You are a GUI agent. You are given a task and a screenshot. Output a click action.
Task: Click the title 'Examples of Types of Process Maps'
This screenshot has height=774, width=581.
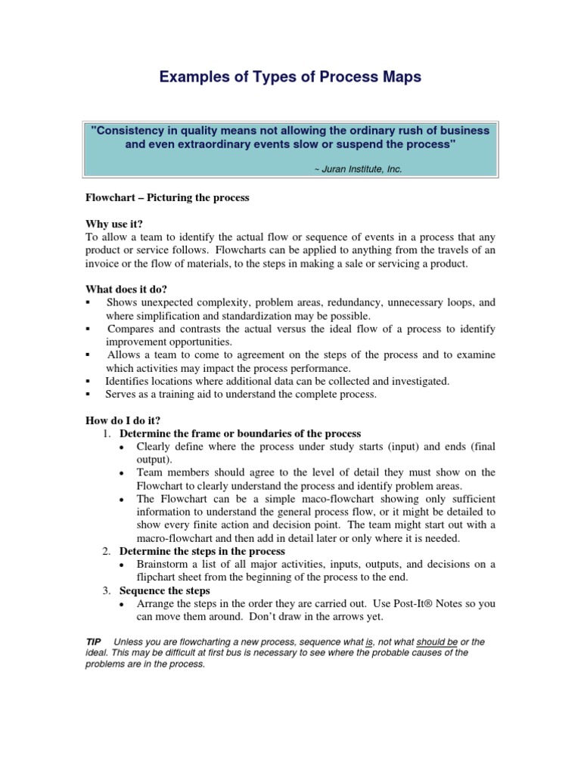(290, 78)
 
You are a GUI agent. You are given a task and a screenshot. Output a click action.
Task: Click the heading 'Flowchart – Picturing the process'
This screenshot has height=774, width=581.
(166, 197)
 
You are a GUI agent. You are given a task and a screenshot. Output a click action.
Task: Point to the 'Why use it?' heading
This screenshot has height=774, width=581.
(114, 224)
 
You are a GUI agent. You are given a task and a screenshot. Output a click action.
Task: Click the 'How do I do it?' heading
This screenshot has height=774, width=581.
(123, 420)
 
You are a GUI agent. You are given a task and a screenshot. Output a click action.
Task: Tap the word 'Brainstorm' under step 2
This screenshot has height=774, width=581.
(164, 564)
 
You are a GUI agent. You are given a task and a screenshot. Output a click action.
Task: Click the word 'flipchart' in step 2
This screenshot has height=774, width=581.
(157, 577)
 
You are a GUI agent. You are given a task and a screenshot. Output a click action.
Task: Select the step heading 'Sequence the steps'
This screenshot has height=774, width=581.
(164, 590)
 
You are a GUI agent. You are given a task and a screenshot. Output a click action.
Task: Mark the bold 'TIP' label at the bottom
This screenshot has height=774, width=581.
(94, 642)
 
